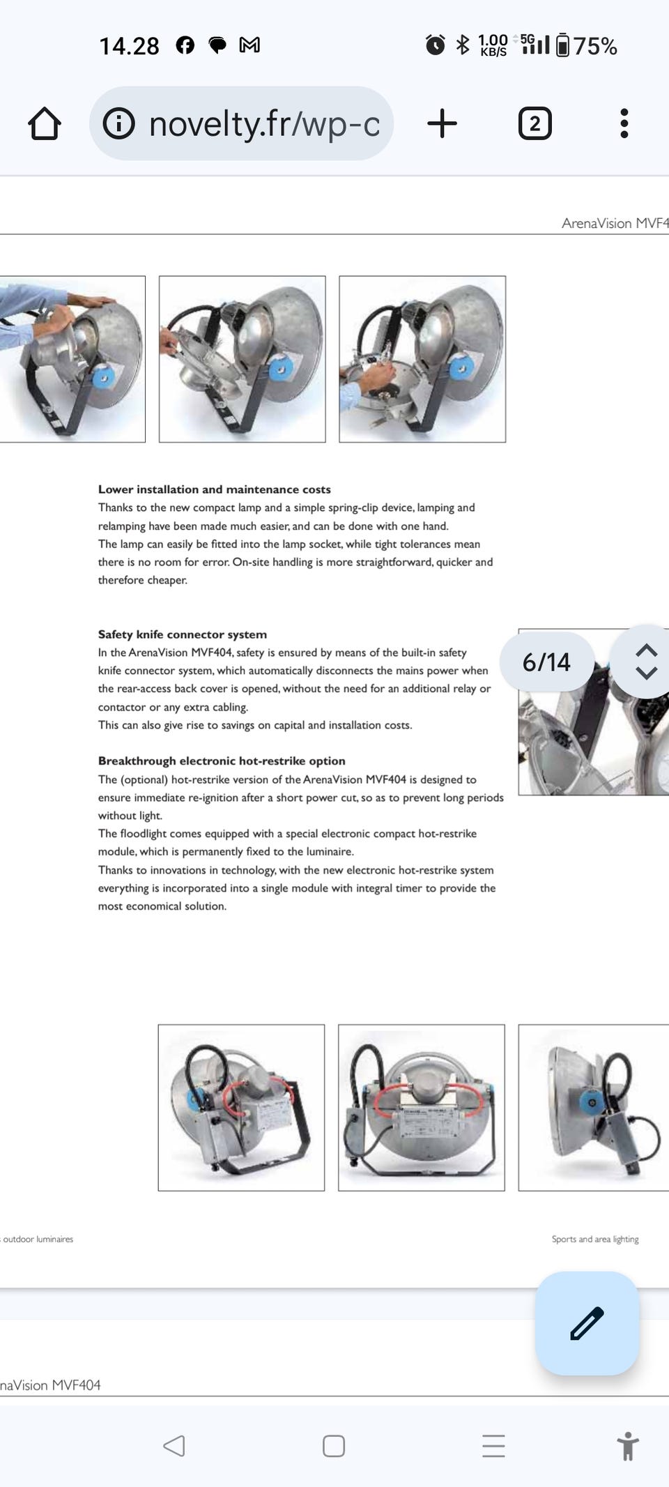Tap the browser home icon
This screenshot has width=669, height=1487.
pyautogui.click(x=45, y=124)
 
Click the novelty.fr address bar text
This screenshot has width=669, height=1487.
pyautogui.click(x=264, y=124)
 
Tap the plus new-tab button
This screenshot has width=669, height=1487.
pyautogui.click(x=442, y=124)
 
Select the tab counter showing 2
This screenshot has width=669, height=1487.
pyautogui.click(x=535, y=124)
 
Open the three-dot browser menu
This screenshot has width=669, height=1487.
pyautogui.click(x=624, y=124)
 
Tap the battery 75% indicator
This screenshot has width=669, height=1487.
pyautogui.click(x=587, y=46)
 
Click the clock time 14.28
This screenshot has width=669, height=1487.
pyautogui.click(x=129, y=46)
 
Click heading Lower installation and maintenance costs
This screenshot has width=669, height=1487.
pyautogui.click(x=215, y=489)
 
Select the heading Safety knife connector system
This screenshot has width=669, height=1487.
pyautogui.click(x=183, y=634)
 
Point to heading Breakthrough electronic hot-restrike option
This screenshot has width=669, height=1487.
pyautogui.click(x=222, y=761)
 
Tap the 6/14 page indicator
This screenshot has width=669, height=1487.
pyautogui.click(x=546, y=662)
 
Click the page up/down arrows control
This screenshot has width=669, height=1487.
pyautogui.click(x=646, y=661)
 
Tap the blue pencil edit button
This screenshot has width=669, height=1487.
pyautogui.click(x=587, y=1323)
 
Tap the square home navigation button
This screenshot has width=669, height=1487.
pyautogui.click(x=334, y=1446)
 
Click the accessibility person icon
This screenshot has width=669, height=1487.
pyautogui.click(x=627, y=1446)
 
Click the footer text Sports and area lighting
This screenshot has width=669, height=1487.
pyautogui.click(x=595, y=1239)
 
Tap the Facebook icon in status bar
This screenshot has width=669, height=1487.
pyautogui.click(x=185, y=45)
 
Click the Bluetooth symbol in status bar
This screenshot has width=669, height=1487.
pyautogui.click(x=462, y=45)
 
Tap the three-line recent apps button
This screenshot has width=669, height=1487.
pyautogui.click(x=493, y=1446)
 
